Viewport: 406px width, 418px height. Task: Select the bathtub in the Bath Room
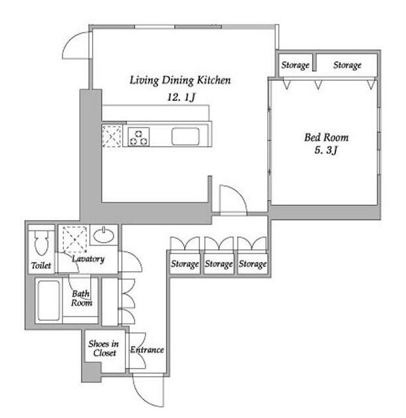(49, 300)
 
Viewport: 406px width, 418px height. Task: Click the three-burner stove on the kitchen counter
(139, 137)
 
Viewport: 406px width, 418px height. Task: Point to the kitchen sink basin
(185, 137)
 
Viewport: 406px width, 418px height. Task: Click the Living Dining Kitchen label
(180, 81)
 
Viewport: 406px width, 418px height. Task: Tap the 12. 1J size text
(181, 97)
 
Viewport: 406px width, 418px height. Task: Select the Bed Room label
(326, 137)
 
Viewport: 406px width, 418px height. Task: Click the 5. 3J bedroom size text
(326, 150)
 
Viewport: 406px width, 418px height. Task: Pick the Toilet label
(41, 265)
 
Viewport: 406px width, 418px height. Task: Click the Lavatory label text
(88, 259)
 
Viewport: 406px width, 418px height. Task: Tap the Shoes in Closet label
(104, 348)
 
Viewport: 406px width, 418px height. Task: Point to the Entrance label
(147, 350)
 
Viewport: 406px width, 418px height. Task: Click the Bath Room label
(81, 298)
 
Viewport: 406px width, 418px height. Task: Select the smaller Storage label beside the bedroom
(295, 65)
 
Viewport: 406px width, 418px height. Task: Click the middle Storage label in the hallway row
(219, 264)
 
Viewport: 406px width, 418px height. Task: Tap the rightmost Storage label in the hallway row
(253, 264)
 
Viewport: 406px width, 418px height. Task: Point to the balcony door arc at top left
(69, 40)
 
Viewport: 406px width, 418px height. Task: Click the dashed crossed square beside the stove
(112, 137)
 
